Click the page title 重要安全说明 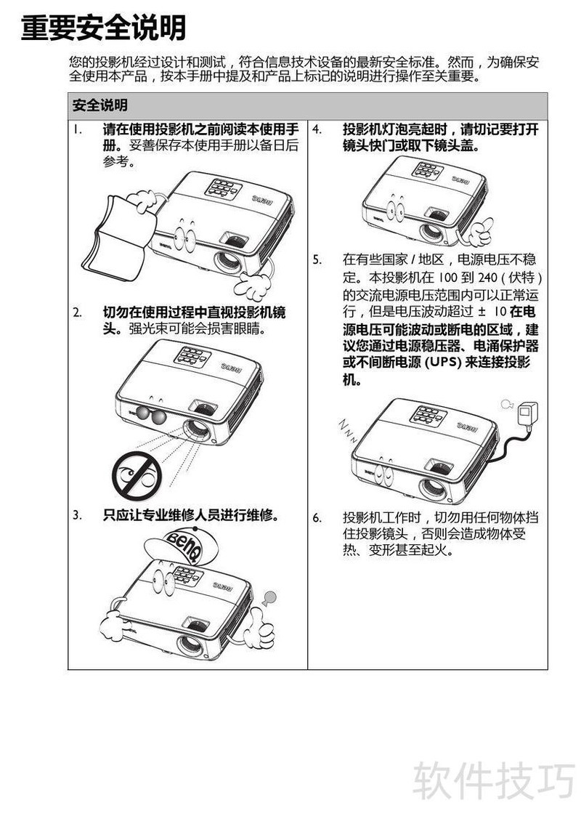point(103,28)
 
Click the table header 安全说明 point(99,105)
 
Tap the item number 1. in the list point(77,129)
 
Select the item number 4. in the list point(317,129)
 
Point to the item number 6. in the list point(317,517)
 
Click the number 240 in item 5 point(487,277)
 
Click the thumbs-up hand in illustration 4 point(478,232)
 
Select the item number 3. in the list point(77,515)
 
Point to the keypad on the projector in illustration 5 point(428,415)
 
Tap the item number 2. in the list point(77,313)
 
